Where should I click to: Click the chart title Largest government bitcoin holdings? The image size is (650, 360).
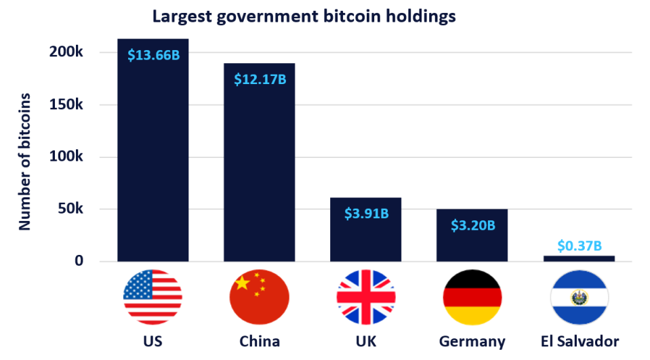tap(304, 16)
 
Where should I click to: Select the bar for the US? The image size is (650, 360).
tap(153, 163)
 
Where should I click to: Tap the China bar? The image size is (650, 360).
tap(260, 169)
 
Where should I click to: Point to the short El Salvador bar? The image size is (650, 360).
tap(579, 258)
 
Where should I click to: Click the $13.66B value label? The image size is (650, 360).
tap(153, 55)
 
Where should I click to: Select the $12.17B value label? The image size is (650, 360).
tap(260, 79)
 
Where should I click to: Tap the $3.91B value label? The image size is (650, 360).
tap(365, 214)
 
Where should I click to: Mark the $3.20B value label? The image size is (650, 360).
tap(472, 225)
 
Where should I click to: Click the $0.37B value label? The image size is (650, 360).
tap(579, 245)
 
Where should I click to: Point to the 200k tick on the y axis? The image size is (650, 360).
tap(66, 53)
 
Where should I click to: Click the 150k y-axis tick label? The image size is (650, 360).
tap(66, 105)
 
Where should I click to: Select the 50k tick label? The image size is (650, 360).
tap(70, 209)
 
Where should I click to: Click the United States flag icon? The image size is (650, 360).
tap(153, 297)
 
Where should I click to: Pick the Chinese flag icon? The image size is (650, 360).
tap(260, 297)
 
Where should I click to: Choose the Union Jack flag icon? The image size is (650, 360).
tap(365, 297)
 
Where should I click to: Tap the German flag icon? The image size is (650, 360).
tap(472, 297)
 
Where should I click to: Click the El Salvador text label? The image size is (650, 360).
tap(579, 340)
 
